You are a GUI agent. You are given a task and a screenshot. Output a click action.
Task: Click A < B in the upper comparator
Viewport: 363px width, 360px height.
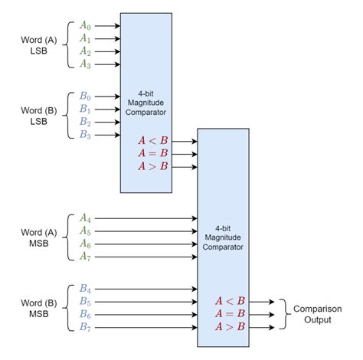153,139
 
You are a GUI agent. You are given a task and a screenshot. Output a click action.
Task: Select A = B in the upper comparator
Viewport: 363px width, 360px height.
153,152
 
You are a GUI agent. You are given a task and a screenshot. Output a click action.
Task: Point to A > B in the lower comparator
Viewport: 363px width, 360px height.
230,327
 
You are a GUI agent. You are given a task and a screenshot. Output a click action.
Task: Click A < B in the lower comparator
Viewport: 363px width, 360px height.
230,302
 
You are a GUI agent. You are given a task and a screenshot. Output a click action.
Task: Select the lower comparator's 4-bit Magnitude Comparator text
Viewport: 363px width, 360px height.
223,237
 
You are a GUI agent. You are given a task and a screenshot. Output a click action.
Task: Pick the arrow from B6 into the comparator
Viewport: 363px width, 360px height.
146,315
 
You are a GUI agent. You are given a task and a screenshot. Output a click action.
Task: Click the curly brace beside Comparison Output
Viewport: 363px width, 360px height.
281,314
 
